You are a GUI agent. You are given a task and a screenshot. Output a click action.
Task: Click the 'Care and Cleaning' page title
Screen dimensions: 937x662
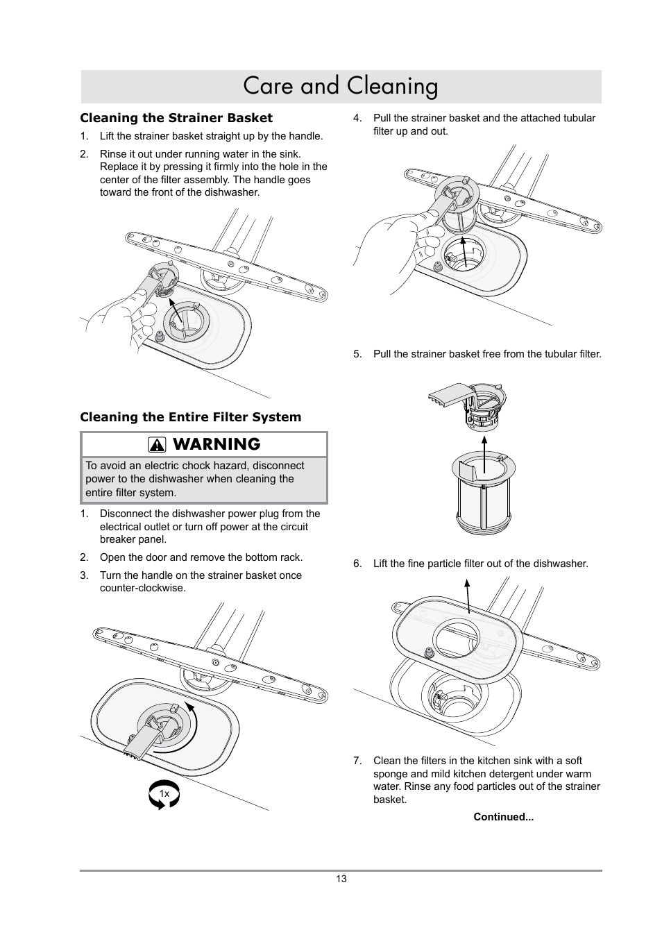click(x=341, y=86)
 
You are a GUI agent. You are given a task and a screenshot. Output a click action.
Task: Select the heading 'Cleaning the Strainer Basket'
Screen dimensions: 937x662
click(x=176, y=118)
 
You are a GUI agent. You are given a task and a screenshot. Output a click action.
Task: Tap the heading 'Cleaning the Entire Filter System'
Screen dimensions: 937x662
click(x=190, y=417)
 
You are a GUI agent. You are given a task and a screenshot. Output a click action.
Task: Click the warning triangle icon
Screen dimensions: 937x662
click(x=158, y=445)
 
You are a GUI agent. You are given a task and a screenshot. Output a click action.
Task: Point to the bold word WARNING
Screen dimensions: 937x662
click(x=216, y=444)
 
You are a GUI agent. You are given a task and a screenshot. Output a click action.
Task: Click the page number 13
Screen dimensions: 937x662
click(x=341, y=879)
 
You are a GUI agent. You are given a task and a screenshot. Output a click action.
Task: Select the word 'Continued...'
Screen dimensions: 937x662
click(x=503, y=817)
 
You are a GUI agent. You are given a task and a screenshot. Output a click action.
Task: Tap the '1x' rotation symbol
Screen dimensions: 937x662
click(x=164, y=793)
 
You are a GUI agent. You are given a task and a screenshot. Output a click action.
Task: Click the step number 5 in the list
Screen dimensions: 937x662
click(x=357, y=354)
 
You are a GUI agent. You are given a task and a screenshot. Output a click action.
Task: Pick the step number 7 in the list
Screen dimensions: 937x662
click(x=357, y=761)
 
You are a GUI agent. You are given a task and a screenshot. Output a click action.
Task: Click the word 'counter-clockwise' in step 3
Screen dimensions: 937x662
click(x=142, y=588)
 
